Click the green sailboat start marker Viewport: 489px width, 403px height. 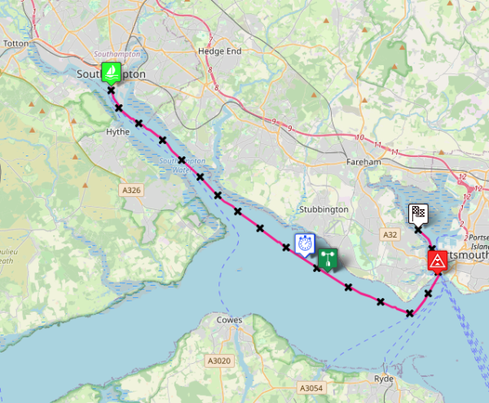click(112, 72)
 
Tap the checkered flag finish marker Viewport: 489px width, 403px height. click(417, 213)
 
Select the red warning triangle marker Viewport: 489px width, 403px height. click(437, 261)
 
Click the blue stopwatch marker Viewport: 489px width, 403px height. click(305, 243)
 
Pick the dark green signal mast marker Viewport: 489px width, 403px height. click(328, 259)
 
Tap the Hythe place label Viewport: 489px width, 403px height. click(118, 131)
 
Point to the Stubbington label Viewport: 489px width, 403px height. click(324, 209)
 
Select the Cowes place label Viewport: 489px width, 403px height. click(229, 320)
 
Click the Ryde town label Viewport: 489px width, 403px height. click(383, 379)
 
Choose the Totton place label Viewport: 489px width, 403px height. click(16, 43)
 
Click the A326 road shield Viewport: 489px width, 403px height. click(131, 190)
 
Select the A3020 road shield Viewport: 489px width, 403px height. click(218, 361)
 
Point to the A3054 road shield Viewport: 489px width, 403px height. click(311, 388)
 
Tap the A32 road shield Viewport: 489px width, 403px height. click(390, 234)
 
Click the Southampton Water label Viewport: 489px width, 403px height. click(183, 166)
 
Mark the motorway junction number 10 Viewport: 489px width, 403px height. click(359, 137)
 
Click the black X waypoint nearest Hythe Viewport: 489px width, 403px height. click(139, 124)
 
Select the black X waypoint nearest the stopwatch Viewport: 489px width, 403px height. click(287, 247)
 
